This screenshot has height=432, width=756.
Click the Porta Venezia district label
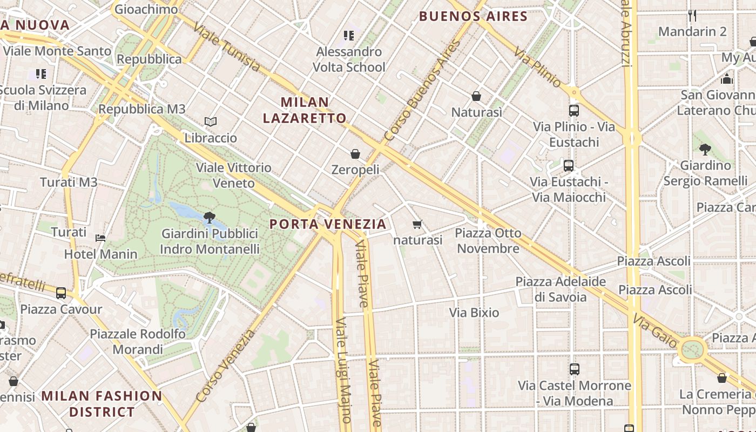328,224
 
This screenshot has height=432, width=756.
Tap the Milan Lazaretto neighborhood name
313,110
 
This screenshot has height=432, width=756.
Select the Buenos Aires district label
473,16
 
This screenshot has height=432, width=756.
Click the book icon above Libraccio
211,122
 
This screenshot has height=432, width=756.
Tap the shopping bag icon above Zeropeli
355,154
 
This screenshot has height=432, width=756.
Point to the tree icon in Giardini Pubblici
210,218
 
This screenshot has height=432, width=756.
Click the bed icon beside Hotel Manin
100,238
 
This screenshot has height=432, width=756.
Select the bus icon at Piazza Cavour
61,293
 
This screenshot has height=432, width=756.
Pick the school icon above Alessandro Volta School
349,36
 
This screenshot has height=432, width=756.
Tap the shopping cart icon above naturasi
416,224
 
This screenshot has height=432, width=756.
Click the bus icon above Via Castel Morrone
575,369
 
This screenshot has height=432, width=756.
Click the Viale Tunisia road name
227,48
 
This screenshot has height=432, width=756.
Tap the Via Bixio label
474,313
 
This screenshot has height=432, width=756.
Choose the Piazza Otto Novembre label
488,241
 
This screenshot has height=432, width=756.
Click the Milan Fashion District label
102,404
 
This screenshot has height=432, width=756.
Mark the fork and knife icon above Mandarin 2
693,15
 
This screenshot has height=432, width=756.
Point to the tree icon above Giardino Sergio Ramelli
705,150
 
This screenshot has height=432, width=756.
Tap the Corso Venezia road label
225,366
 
